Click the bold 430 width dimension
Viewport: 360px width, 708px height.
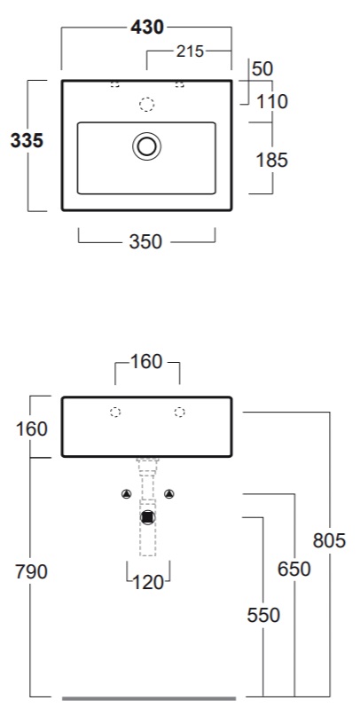click(x=147, y=28)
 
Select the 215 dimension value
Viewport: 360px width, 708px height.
click(x=190, y=51)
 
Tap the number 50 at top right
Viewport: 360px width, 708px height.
click(x=262, y=68)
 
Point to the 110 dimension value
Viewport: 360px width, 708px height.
click(x=272, y=102)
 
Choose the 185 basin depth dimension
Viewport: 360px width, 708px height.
click(x=271, y=160)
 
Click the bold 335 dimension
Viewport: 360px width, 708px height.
click(x=27, y=141)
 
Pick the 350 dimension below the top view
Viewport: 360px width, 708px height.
click(x=145, y=242)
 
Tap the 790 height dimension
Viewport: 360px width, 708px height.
click(x=31, y=571)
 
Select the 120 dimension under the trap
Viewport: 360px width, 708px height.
click(x=147, y=583)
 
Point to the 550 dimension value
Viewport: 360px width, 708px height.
click(x=263, y=615)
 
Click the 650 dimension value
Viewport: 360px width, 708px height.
click(x=294, y=569)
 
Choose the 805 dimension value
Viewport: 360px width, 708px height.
click(x=329, y=540)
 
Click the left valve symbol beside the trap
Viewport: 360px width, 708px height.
click(x=126, y=494)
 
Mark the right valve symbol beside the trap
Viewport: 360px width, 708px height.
click(x=168, y=494)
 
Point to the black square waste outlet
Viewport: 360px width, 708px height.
click(x=147, y=517)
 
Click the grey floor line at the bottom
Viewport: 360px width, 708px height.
click(x=149, y=698)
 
